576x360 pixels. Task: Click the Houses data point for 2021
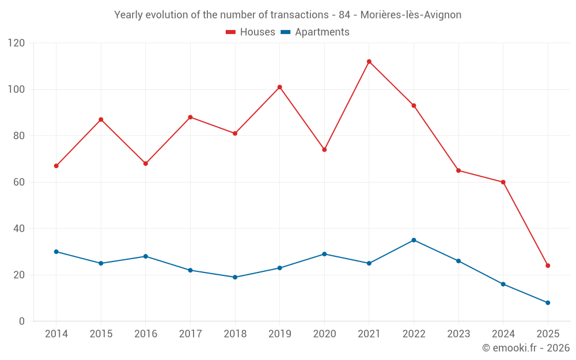pos(369,62)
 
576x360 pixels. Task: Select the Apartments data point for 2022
pos(414,240)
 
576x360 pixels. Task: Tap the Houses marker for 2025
pos(548,266)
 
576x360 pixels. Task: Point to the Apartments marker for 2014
pos(56,252)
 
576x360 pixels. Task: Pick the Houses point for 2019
pos(279,87)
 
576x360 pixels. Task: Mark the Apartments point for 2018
pos(235,277)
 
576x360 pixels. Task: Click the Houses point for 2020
pos(324,150)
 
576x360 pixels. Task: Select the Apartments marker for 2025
pos(548,302)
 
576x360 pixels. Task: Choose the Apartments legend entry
pos(322,32)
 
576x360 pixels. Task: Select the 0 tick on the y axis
pos(22,321)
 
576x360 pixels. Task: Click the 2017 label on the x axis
pos(190,334)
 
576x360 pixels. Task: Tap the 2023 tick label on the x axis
pos(458,334)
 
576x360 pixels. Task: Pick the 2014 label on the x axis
pos(56,334)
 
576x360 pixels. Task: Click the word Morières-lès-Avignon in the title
pos(411,15)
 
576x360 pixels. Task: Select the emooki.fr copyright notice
pos(526,348)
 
